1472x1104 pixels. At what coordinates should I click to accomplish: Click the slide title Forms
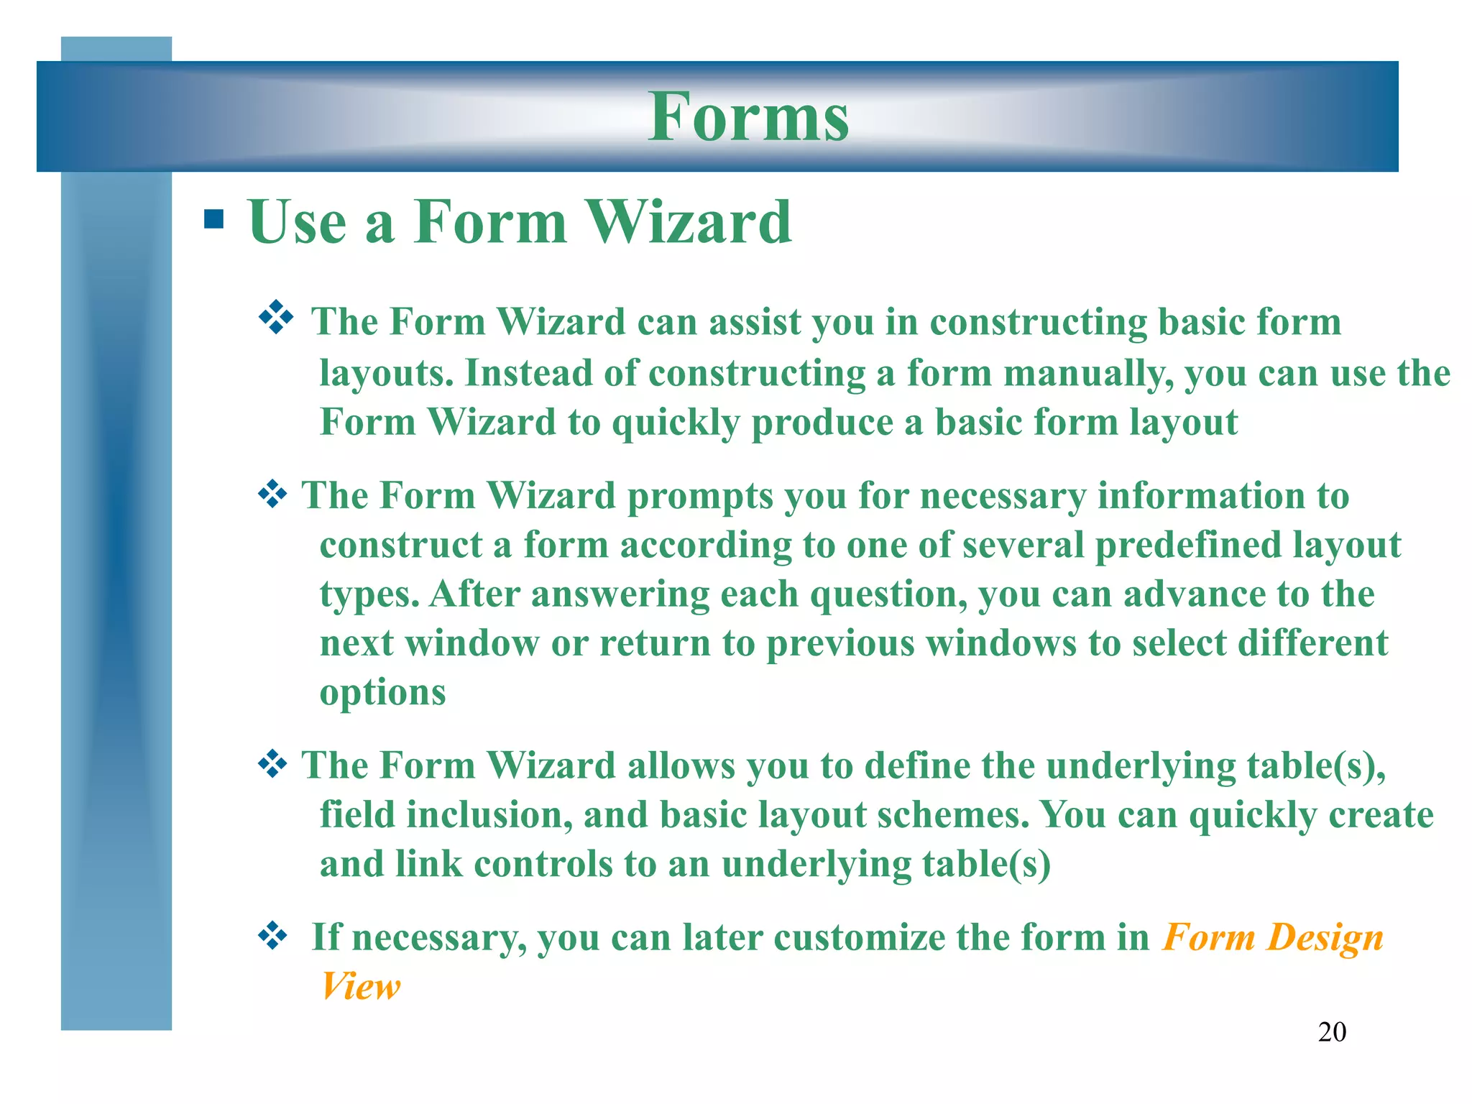(748, 117)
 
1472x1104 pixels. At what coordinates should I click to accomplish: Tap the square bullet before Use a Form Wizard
(213, 218)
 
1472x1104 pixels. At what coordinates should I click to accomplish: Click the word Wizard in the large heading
(691, 222)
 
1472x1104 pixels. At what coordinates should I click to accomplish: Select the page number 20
(1331, 1032)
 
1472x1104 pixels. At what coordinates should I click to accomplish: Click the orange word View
(360, 986)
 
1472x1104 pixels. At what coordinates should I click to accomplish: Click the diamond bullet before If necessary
(272, 936)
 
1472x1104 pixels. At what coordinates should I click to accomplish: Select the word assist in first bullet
(755, 322)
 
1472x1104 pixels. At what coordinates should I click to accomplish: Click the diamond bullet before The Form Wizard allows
(272, 763)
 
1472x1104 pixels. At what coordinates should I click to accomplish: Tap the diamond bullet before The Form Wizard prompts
(272, 494)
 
